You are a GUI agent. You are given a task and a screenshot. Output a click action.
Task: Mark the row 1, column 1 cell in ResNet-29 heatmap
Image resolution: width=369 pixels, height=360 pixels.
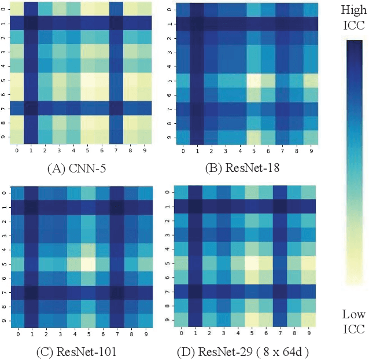[195, 207]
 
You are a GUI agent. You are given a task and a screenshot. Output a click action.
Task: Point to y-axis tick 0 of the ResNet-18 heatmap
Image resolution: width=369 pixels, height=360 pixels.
[168, 9]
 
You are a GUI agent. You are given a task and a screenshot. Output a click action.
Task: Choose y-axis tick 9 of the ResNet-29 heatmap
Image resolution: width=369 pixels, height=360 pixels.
[168, 319]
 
